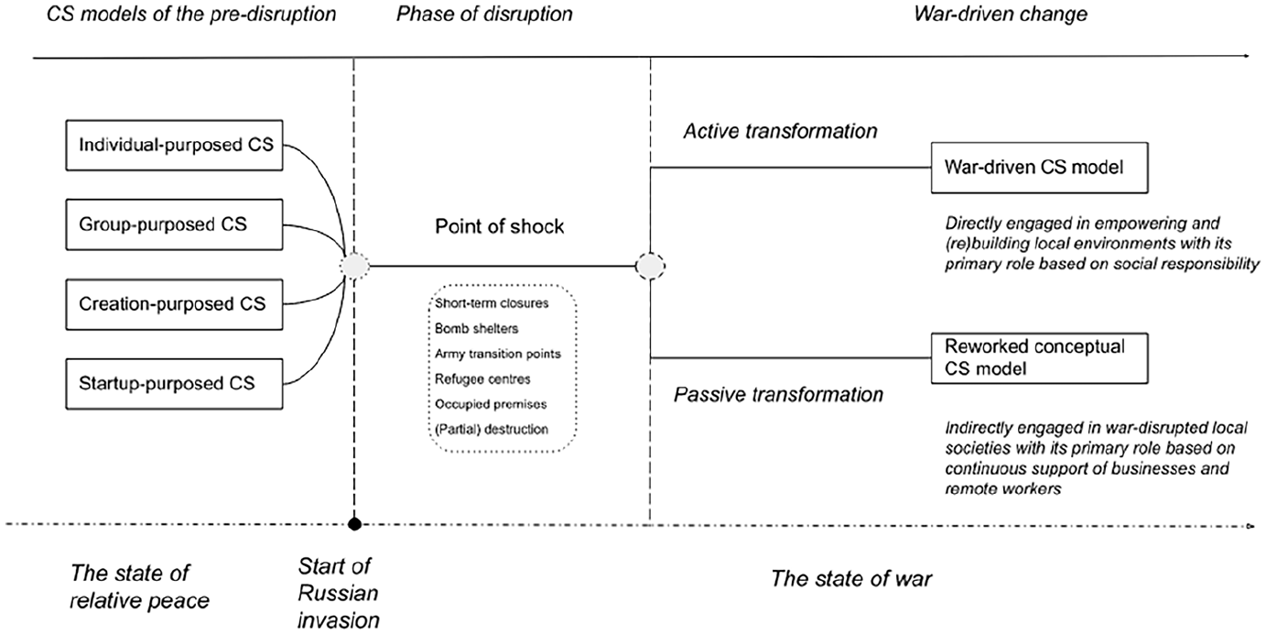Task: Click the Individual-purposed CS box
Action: pos(174,146)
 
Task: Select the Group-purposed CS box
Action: pos(174,224)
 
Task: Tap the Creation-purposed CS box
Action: pos(174,304)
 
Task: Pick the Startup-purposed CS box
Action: pos(174,384)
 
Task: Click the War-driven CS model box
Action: pos(1039,168)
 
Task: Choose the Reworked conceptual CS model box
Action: pos(1039,358)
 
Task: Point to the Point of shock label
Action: pos(499,227)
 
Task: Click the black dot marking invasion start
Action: pos(354,524)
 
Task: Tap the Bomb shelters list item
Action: pos(476,329)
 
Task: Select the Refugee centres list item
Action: pos(482,379)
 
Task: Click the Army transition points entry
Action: pos(498,354)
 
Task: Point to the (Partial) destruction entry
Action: pos(492,430)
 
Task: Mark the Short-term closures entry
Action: pos(492,303)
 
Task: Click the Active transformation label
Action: pos(781,131)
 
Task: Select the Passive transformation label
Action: pos(778,395)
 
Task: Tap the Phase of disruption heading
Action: pos(484,14)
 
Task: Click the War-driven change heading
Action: pos(1001,14)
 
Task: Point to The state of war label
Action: pos(851,579)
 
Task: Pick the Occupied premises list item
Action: pos(491,404)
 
